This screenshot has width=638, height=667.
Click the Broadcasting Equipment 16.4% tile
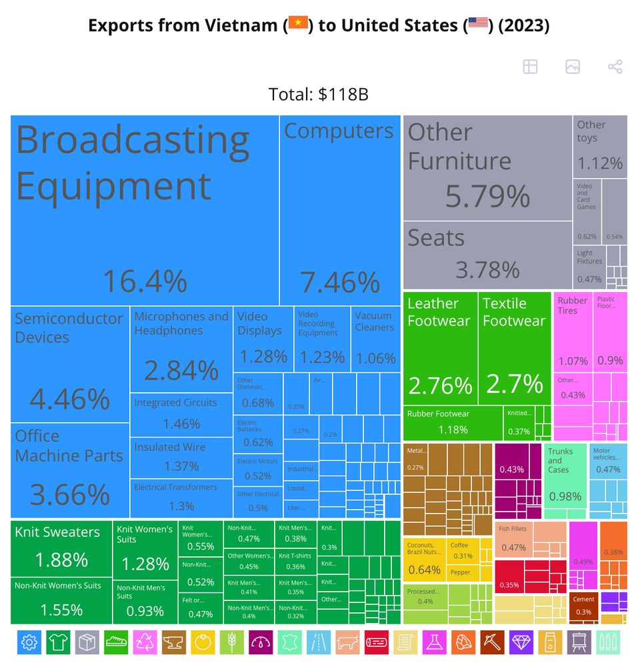pos(144,210)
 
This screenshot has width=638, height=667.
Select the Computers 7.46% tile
pos(339,210)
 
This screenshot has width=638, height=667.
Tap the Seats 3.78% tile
pos(487,254)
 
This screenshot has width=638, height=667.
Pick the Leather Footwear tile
pos(440,348)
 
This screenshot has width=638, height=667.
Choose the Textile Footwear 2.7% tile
pos(514,348)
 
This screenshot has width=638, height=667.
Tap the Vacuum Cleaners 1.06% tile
pos(375,339)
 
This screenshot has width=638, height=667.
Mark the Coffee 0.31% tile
pos(463,550)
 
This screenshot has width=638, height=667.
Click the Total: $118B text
pos(318,95)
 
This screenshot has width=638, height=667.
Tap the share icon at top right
pos(615,67)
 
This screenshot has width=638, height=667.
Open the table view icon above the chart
pos(530,67)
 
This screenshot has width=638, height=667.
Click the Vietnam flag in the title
pos(297,25)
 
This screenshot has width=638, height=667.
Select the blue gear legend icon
pos(29,642)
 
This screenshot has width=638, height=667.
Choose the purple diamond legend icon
pos(519,642)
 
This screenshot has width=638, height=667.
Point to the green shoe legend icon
pos(116,642)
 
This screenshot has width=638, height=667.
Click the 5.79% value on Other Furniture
pos(487,196)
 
